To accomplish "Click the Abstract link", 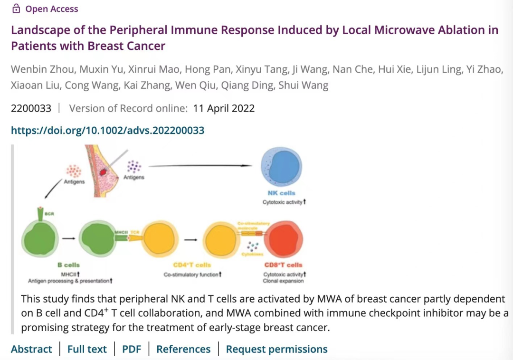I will (x=31, y=349).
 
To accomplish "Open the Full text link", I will (x=87, y=349).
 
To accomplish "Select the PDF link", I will (x=132, y=349).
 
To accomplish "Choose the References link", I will (x=183, y=349).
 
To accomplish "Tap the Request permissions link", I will (x=276, y=349).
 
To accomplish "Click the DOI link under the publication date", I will (x=107, y=130).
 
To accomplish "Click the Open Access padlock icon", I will (x=16, y=9).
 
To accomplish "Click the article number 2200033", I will (x=31, y=108).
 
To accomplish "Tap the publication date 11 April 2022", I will (x=224, y=108).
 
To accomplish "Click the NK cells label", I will (x=281, y=193).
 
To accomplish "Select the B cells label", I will (x=68, y=265).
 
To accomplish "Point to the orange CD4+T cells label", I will (x=192, y=265).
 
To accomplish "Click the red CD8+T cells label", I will (x=283, y=265).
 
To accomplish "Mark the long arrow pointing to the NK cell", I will (x=199, y=166).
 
